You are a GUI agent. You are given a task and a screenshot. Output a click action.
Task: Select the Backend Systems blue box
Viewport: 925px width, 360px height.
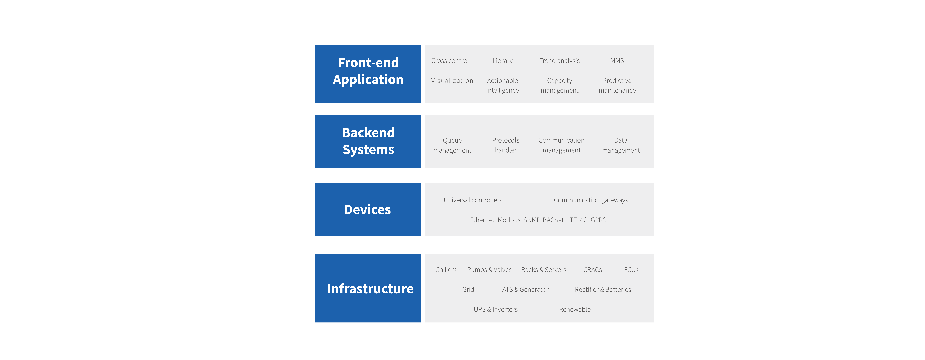(x=368, y=141)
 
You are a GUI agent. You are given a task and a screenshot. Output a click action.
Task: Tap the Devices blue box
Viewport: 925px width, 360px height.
(x=368, y=210)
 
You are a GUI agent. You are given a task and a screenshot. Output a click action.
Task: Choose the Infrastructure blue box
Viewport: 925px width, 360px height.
(x=368, y=288)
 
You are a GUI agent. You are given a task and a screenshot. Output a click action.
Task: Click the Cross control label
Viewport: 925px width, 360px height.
(x=450, y=61)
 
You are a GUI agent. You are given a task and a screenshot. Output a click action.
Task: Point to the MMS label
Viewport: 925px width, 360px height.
(x=617, y=61)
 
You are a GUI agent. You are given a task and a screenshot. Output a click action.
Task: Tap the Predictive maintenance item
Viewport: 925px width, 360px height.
(x=617, y=85)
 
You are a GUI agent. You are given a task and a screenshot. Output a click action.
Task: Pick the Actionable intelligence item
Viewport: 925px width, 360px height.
(x=502, y=85)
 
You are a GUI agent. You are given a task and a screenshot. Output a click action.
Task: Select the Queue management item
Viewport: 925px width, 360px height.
(x=452, y=145)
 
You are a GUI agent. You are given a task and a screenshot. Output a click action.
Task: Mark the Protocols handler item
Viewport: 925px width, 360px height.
(x=506, y=145)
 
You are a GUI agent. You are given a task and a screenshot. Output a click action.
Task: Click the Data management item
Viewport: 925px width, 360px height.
(x=621, y=145)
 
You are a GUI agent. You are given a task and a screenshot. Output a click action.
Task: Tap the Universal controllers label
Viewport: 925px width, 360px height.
(x=473, y=200)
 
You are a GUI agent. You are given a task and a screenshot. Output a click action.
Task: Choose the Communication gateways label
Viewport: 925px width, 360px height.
(x=591, y=200)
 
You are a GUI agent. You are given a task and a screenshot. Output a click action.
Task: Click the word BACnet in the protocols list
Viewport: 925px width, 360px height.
(x=553, y=220)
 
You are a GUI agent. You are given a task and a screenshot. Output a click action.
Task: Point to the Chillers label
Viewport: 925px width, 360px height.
(x=446, y=270)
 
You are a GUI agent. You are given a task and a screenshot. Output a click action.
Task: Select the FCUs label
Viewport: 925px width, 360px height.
(x=631, y=270)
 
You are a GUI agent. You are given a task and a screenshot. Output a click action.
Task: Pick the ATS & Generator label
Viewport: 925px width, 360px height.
(x=525, y=289)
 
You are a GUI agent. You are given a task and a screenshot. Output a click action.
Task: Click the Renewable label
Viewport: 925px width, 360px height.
(x=575, y=309)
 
